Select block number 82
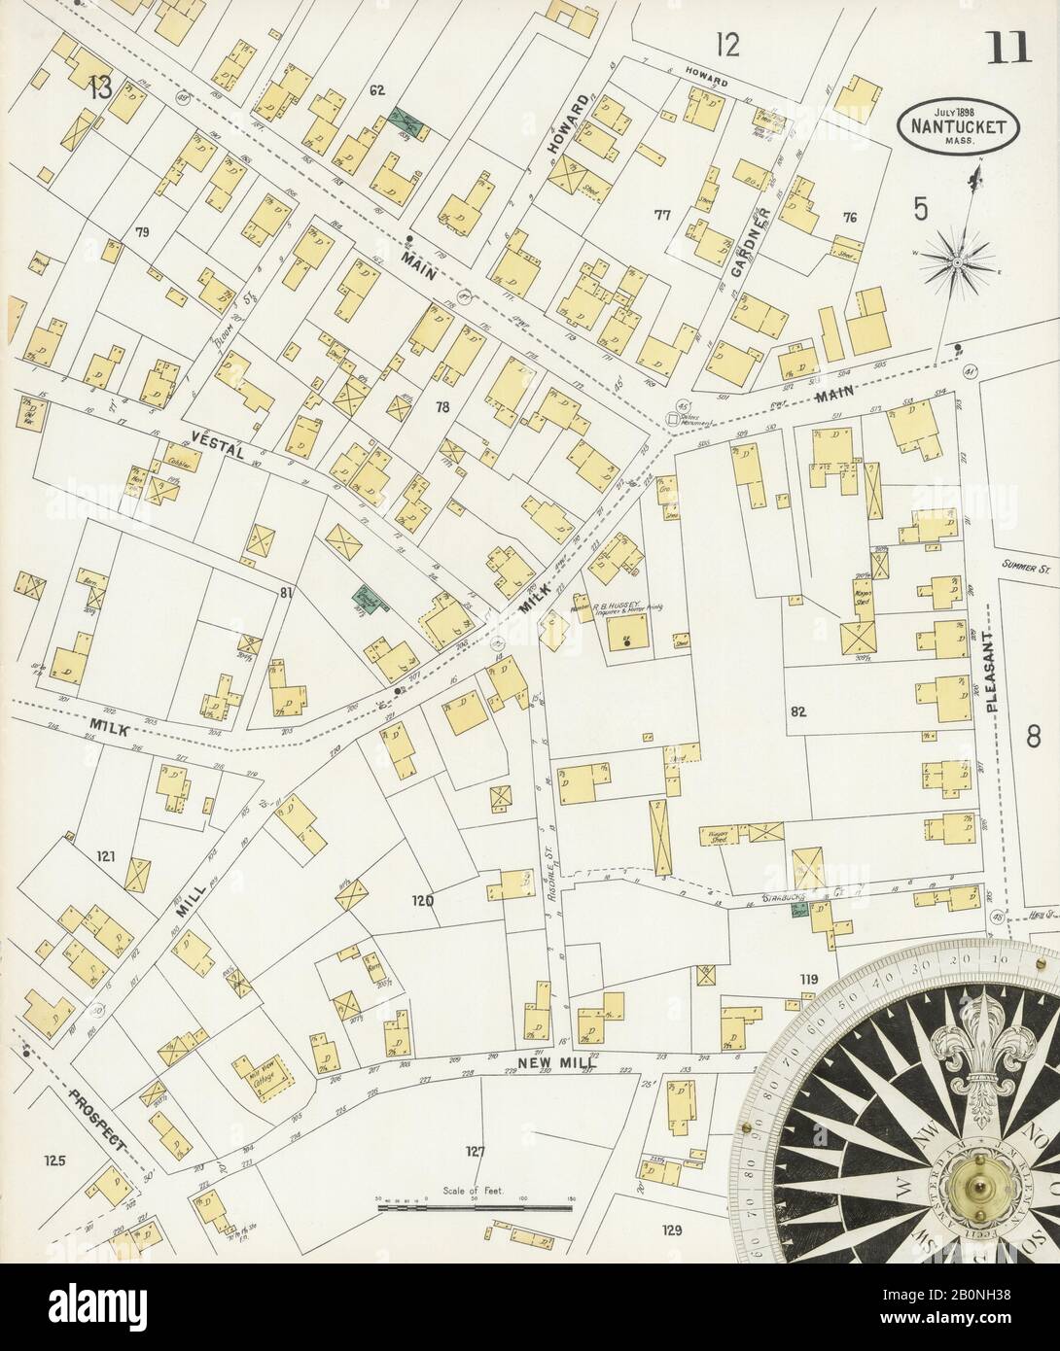(799, 711)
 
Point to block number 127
(474, 1152)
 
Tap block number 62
(377, 90)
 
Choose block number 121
(106, 856)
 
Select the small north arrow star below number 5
(958, 259)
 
